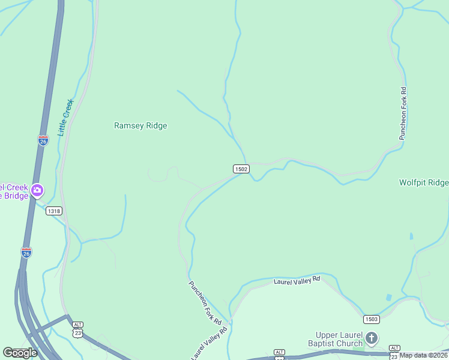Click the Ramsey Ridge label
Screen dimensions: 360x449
140,126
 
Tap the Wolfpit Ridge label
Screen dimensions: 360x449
424,182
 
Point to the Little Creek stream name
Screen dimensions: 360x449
65,118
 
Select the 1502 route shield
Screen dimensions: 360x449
241,169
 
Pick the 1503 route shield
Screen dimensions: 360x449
371,319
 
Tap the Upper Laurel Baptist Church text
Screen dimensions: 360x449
339,339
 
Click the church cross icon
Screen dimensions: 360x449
372,338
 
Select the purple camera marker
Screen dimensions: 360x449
37,191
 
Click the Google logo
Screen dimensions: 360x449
20,352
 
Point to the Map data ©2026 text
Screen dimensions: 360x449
424,355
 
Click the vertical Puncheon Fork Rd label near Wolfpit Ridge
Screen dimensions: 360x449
403,114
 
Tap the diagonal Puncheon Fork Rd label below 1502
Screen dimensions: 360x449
205,303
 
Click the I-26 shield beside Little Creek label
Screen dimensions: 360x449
43,140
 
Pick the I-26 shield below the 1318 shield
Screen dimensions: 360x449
26,253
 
